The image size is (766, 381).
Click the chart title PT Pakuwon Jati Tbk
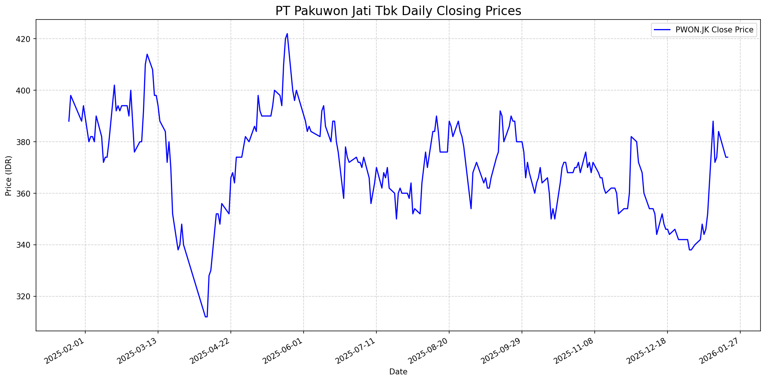pos(398,11)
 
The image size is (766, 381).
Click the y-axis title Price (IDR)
pos(8,176)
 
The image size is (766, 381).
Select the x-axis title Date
pos(398,372)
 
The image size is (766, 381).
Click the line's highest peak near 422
pos(287,33)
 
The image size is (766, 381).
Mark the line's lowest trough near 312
pos(206,317)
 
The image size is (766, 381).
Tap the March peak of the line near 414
pos(147,54)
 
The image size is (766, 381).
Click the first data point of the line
pos(69,121)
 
